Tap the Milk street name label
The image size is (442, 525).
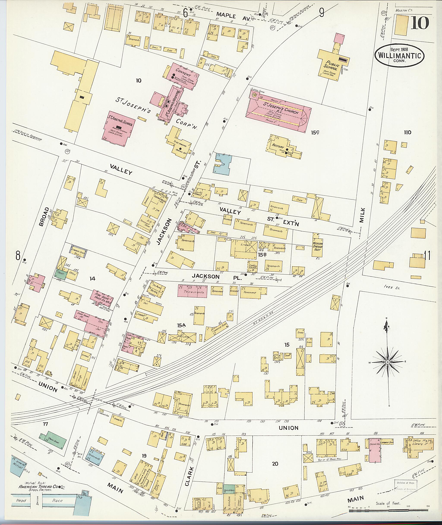[x=362, y=216]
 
